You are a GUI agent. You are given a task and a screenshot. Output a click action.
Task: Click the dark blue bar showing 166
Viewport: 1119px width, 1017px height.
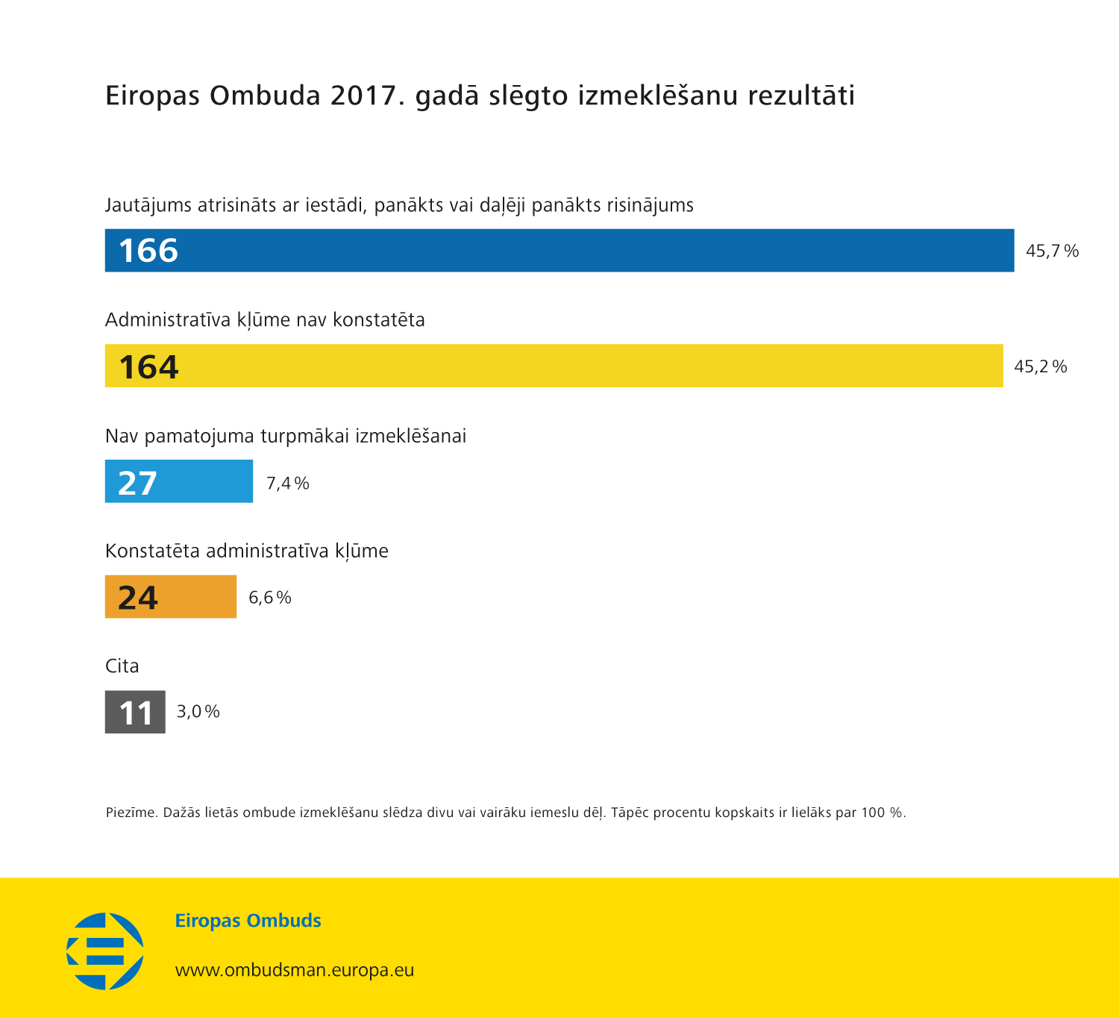559,251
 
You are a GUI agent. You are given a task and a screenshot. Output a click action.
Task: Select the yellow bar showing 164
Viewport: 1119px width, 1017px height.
554,366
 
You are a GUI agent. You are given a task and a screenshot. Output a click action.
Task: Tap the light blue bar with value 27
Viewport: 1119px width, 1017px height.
179,481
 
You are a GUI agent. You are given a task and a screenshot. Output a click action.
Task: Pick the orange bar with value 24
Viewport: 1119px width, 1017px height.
171,597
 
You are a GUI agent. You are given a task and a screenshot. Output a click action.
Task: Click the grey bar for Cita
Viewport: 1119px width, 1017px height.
135,712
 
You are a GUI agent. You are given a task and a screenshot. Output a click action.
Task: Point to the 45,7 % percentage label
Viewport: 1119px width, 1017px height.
1052,251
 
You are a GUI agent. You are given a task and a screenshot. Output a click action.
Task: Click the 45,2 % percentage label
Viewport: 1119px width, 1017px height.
1040,366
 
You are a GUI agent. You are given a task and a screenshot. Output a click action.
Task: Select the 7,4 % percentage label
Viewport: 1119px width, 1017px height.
287,484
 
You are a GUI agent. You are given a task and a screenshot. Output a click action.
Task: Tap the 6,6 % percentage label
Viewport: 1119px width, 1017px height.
269,598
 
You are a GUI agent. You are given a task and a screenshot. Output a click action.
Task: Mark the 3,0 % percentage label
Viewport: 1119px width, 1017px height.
198,712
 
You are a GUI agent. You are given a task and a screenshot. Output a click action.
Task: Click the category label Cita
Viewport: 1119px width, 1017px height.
122,666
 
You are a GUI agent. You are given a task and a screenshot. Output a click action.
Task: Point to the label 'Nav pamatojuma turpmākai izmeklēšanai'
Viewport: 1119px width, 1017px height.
286,436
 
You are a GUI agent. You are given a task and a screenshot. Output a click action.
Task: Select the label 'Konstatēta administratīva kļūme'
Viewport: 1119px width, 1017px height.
247,551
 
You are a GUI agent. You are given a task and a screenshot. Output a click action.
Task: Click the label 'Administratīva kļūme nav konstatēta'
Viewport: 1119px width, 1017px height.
265,320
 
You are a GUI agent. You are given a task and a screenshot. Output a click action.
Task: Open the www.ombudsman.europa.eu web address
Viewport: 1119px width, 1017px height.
295,970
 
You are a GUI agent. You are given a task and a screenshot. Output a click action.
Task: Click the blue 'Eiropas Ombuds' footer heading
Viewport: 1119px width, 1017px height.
248,921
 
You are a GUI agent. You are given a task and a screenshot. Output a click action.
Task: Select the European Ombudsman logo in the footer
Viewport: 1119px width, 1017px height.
105,951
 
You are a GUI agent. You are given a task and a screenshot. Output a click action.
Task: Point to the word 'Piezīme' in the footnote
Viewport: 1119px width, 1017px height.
131,813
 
